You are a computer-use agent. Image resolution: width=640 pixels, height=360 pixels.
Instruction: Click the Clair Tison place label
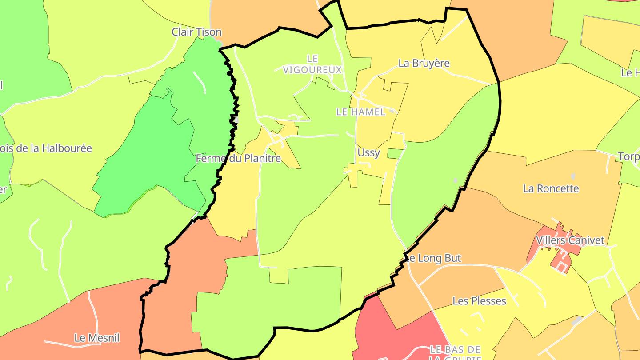coord(196,32)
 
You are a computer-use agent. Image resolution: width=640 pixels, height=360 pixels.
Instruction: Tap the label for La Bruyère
coord(424,63)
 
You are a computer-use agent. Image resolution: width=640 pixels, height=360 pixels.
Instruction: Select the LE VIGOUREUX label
coord(313,64)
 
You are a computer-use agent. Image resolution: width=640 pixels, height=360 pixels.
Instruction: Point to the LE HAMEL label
coord(360,112)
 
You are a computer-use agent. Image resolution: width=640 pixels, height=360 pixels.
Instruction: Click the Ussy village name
coord(368,153)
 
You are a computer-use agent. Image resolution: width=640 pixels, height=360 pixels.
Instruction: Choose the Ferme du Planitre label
coord(238,158)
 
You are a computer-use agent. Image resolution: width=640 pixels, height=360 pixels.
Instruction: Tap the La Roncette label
coord(551,188)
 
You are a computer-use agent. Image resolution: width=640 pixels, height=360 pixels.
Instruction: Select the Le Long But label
coord(433,258)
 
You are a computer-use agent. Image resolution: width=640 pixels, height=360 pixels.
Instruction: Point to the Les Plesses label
coord(479,301)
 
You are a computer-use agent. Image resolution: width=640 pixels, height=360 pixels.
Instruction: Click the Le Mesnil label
coord(97,338)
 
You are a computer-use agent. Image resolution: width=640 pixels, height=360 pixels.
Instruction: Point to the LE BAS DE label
coord(456,349)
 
